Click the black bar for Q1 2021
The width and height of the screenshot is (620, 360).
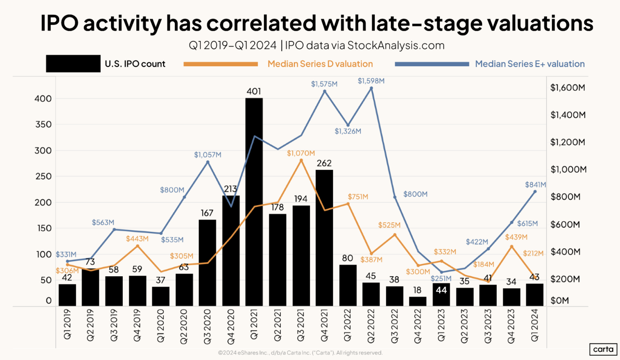pos(254,201)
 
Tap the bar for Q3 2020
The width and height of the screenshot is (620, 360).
pos(207,262)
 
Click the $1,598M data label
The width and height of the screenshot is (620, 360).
pos(371,81)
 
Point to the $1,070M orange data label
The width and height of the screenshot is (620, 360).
pos(301,153)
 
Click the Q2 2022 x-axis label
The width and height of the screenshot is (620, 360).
pos(371,326)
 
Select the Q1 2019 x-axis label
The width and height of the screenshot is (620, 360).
pos(67,324)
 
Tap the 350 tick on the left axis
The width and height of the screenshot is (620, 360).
pos(43,124)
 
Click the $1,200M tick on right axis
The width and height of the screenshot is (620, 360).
pos(567,142)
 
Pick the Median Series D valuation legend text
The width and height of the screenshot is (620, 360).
pos(320,64)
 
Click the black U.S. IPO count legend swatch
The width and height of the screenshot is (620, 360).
pos(73,64)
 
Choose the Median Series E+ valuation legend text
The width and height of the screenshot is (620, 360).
pos(530,64)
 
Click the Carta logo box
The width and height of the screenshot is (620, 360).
pos(603,349)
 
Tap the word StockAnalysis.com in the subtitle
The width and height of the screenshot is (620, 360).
pos(396,46)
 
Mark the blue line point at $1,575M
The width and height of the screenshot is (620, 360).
pos(325,92)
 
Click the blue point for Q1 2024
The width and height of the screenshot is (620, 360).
pos(535,192)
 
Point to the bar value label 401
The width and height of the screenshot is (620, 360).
pos(254,92)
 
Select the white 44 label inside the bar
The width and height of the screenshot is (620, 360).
pos(441,290)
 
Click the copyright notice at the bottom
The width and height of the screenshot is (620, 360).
pos(300,353)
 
